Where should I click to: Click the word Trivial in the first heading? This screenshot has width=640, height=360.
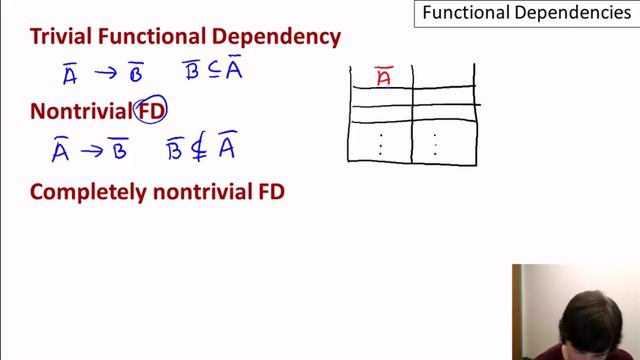(x=62, y=38)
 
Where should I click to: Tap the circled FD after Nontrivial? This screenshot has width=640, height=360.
(x=151, y=111)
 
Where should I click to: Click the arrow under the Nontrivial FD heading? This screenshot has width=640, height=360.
(x=93, y=151)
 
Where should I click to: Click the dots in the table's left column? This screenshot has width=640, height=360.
(x=381, y=144)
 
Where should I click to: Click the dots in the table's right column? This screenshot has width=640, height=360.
(x=435, y=144)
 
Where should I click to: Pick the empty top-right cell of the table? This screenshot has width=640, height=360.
(x=442, y=77)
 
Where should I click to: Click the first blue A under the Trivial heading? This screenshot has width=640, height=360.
(x=69, y=73)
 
